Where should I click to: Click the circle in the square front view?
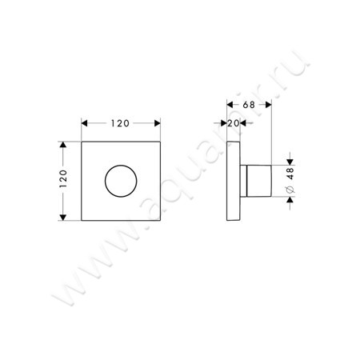coord(119,182)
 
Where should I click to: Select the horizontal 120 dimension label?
coord(119,123)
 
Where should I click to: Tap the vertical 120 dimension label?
coord(63,182)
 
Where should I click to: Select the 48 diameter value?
coord(292,176)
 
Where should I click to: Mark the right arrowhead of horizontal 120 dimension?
coord(154,123)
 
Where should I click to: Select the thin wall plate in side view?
coord(234,182)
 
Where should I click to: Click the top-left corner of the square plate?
coord(82,143)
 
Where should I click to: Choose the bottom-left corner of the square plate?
coord(82,220)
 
